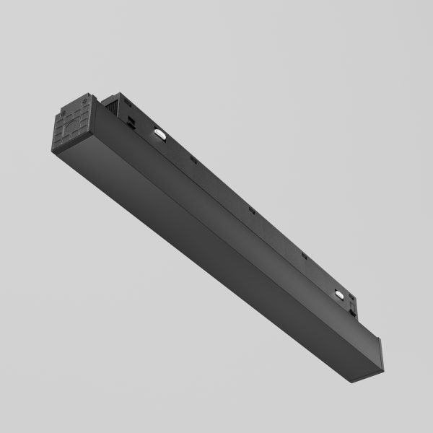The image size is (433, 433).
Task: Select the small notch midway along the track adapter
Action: [250, 210]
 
